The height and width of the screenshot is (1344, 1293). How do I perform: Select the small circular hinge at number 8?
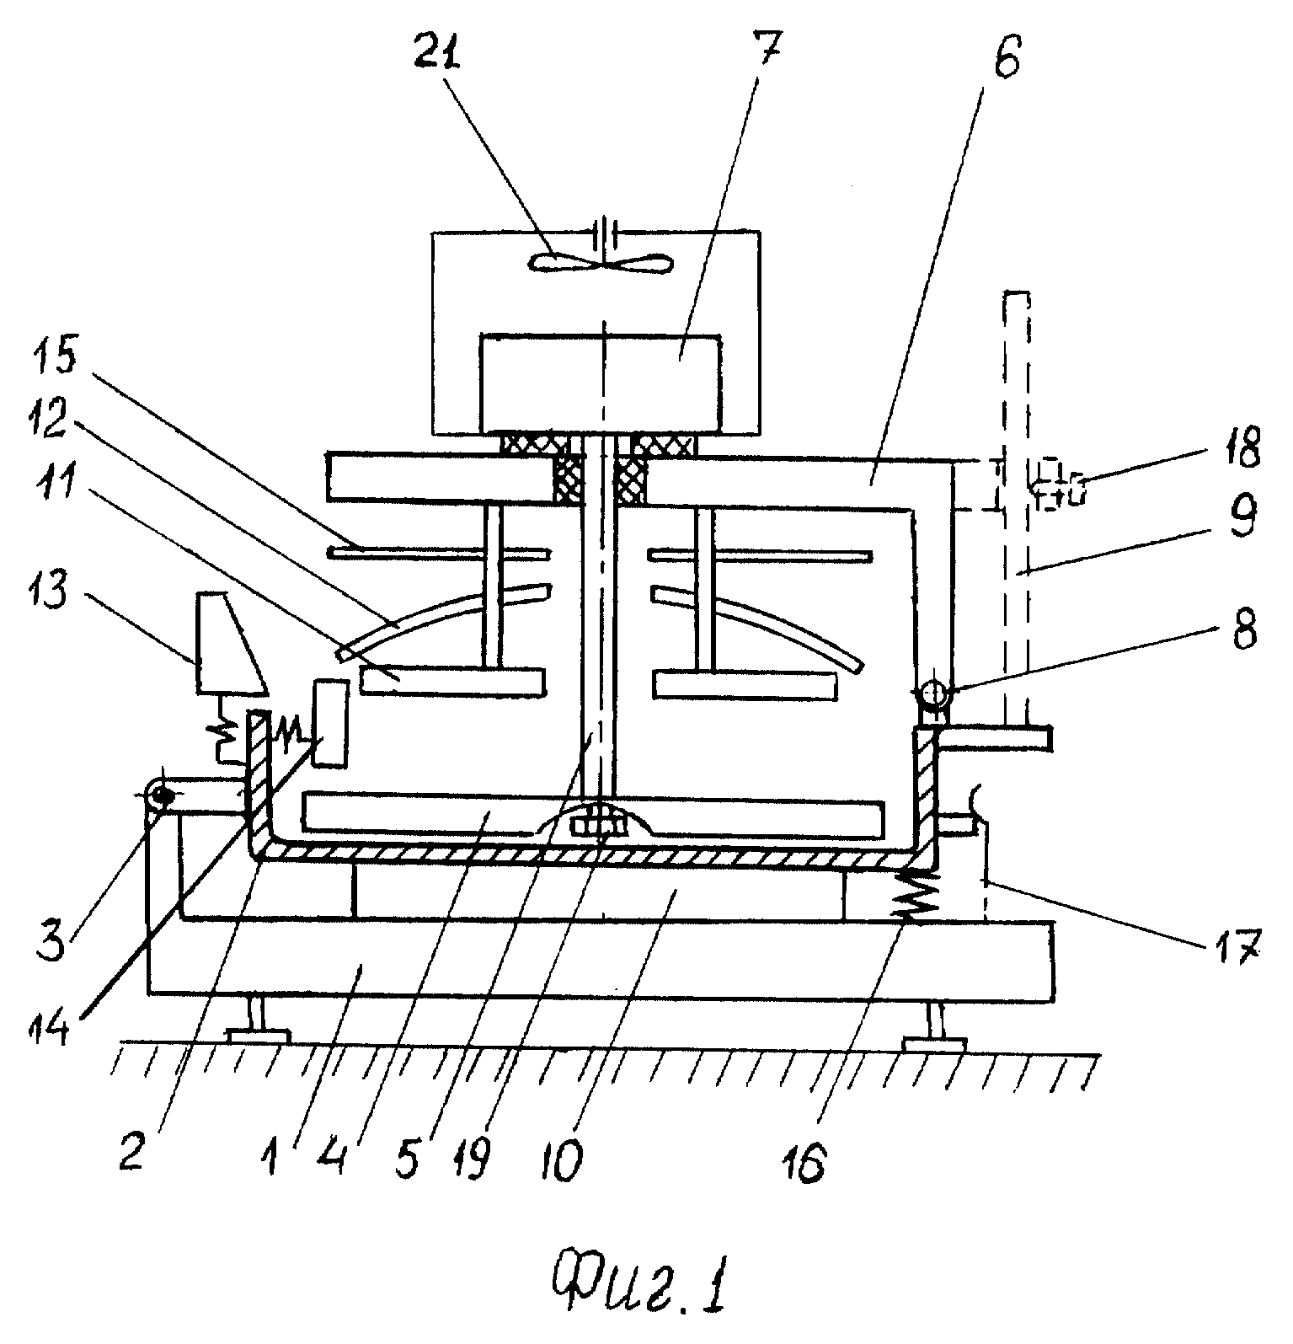tap(932, 697)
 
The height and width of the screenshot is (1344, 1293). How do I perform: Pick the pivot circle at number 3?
tap(160, 794)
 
